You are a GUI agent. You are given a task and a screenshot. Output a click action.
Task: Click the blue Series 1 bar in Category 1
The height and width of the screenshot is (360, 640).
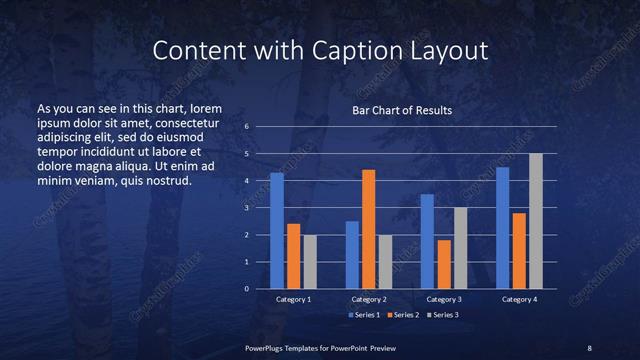[277, 231]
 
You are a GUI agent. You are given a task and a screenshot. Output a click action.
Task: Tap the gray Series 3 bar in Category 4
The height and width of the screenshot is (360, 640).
[536, 221]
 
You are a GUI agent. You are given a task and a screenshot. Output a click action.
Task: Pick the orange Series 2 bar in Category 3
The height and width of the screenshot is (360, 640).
[444, 264]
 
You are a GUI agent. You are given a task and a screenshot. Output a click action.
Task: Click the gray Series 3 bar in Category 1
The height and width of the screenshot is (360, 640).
[309, 262]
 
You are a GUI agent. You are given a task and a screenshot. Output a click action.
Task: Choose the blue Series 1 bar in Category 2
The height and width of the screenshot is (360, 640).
[352, 255]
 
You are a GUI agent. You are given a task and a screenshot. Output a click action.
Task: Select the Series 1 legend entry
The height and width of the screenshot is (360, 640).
[364, 316]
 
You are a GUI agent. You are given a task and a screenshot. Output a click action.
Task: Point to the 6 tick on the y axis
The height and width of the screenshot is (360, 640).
[246, 127]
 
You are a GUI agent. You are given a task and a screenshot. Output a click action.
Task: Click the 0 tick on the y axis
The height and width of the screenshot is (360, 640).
[246, 289]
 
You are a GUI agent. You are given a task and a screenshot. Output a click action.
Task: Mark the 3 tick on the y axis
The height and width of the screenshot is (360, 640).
[246, 208]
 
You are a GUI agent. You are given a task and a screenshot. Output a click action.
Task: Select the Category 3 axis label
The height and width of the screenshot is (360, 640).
[444, 299]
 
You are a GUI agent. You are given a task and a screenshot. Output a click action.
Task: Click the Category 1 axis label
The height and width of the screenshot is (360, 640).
[293, 299]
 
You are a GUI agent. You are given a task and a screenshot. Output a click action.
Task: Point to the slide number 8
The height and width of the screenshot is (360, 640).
[589, 347]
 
